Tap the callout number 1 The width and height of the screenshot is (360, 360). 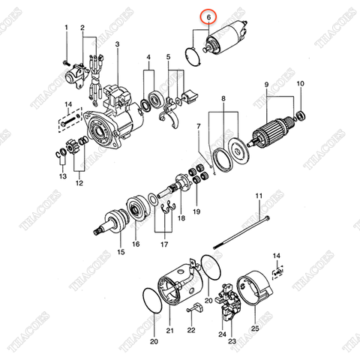[66, 28]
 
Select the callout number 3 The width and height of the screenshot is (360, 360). [117, 44]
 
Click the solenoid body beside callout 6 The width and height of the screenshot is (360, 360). [228, 36]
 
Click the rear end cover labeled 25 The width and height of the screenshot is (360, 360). [253, 292]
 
